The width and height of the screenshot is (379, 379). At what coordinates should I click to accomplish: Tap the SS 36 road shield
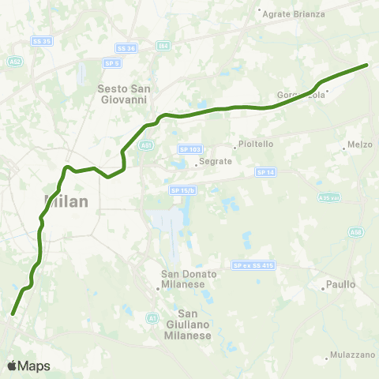pos(126,47)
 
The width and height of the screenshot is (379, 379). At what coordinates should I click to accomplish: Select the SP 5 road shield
pos(111,63)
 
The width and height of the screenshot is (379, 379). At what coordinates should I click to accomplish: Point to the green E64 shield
pos(163,46)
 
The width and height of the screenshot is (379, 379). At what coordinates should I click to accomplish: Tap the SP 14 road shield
pos(265,172)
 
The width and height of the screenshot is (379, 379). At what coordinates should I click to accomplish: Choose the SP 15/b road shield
pos(181,189)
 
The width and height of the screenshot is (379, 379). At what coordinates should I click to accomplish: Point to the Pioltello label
pos(251,145)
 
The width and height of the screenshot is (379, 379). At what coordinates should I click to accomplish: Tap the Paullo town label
pos(342,283)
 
